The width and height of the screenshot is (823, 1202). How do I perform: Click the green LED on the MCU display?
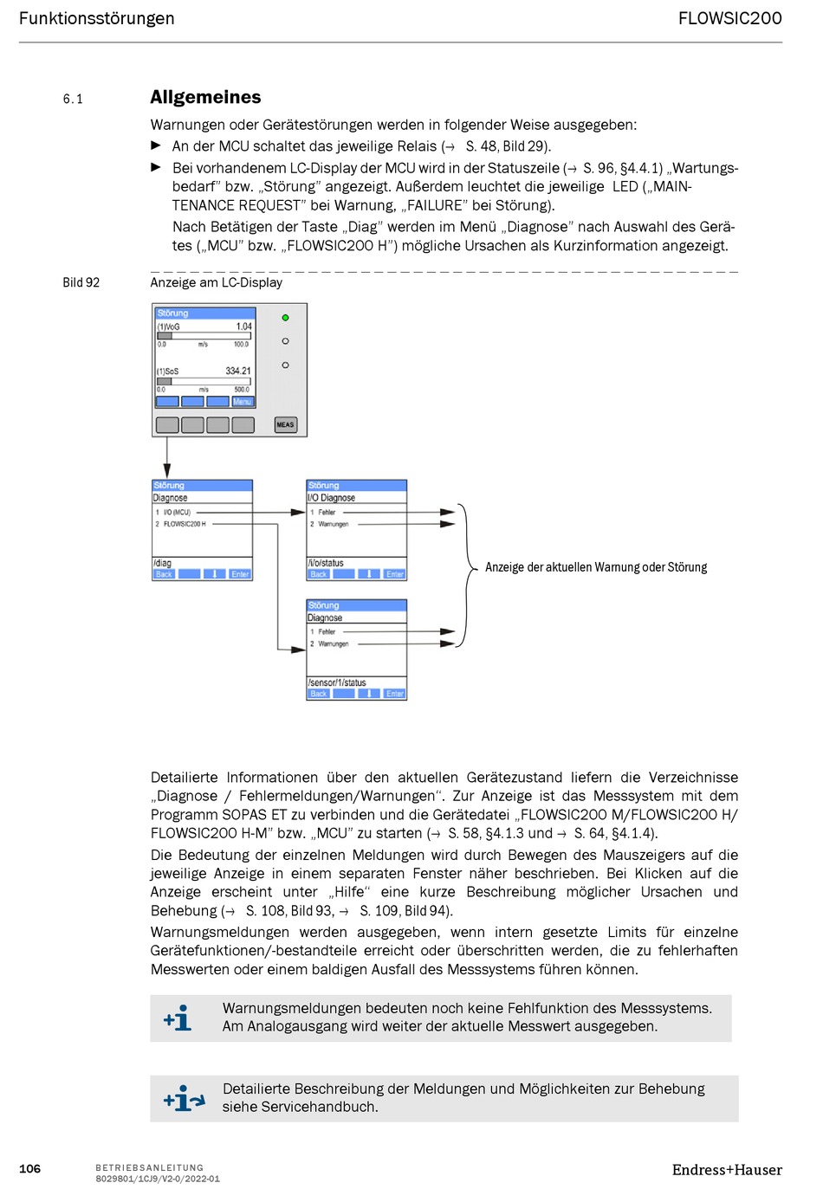285,318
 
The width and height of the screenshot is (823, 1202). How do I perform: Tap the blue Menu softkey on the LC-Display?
243,402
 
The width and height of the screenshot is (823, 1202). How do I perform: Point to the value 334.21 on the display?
238,371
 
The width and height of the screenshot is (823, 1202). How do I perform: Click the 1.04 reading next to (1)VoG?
244,326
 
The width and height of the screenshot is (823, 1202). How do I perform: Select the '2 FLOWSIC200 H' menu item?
185,524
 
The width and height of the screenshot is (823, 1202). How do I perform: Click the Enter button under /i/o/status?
395,574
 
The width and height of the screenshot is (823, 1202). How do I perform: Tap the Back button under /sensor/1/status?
319,694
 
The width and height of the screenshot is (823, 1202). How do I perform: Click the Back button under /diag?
164,574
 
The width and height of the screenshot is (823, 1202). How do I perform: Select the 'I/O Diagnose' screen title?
332,498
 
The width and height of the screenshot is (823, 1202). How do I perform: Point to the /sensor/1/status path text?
337,682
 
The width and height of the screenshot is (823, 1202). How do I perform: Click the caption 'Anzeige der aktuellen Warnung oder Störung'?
596,567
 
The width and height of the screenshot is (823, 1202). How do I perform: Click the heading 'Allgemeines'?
205,97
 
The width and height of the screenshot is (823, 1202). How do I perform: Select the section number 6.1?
73,99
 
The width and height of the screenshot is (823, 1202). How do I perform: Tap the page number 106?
29,1169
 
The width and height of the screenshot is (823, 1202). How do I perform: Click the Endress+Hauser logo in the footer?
727,1170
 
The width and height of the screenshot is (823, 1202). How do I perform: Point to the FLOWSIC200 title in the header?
729,18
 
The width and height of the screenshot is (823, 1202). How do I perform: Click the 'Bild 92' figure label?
81,282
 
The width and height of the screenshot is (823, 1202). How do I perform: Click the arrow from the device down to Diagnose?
167,457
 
